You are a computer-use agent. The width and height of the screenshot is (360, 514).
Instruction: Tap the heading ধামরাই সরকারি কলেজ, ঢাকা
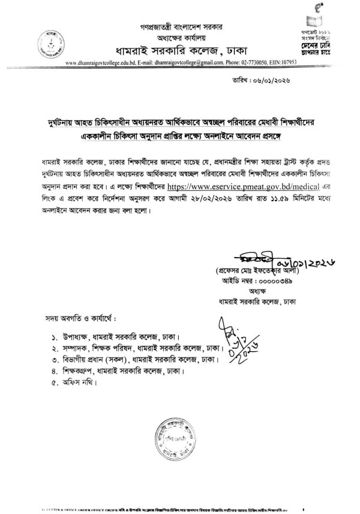point(179,49)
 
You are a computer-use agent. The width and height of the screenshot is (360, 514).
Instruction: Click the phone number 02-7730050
point(252,62)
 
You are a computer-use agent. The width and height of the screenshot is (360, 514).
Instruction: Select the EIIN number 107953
point(287,62)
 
